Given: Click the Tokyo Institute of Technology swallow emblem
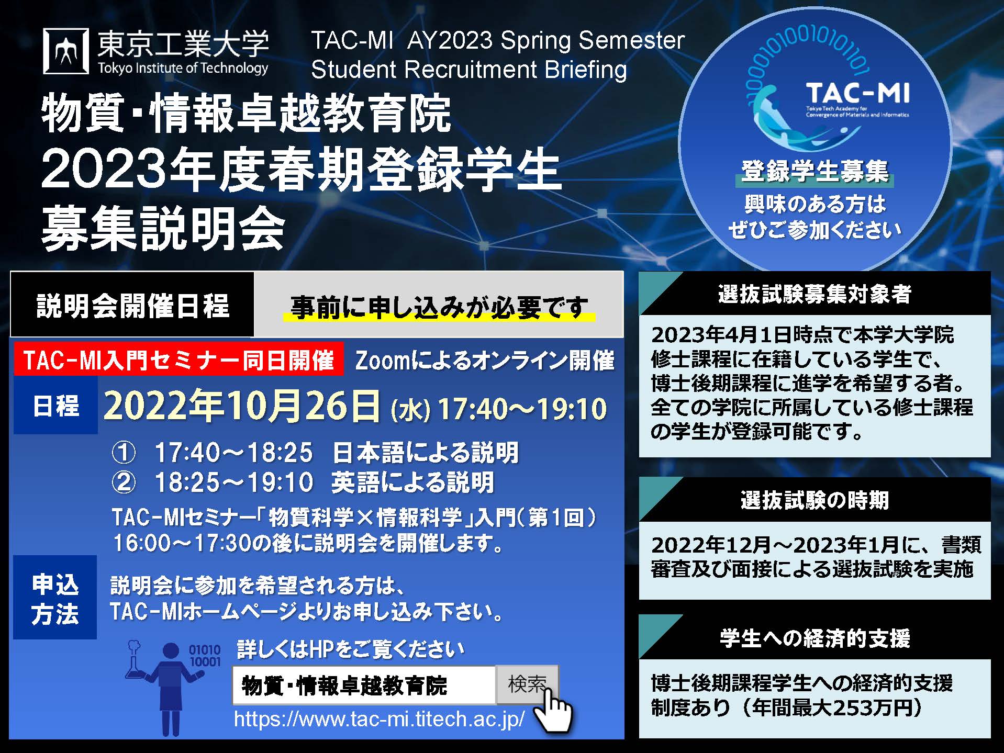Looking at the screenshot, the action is (66, 51).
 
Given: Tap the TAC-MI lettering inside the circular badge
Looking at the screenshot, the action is (857, 94).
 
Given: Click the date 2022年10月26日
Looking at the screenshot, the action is (242, 406).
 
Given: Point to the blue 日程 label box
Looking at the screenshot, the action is (55, 406).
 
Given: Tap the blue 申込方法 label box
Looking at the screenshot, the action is (55, 598).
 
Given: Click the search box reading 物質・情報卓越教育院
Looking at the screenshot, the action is (364, 685).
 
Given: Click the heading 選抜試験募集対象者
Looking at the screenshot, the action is (815, 294).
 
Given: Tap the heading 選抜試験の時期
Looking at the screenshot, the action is (815, 500).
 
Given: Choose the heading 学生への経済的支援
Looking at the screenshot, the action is (815, 638).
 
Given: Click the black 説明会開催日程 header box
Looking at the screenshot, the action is (132, 305).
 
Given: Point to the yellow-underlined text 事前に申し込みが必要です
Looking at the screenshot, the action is (439, 307).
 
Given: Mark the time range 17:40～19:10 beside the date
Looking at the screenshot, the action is (522, 409).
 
